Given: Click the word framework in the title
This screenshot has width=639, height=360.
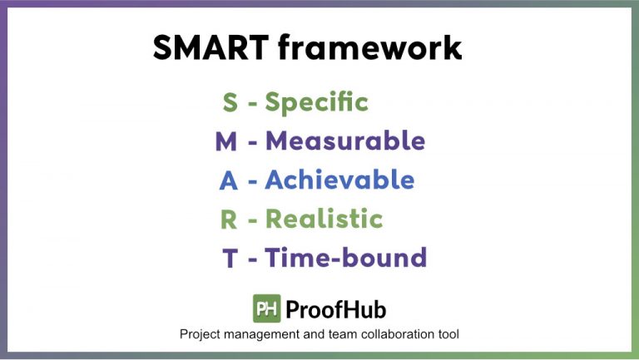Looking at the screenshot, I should click(x=369, y=48).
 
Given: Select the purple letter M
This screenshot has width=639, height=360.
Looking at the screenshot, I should click(x=226, y=142).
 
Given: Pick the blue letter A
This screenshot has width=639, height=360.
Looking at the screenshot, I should click(x=228, y=180).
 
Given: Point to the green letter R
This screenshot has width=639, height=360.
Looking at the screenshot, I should click(x=229, y=219).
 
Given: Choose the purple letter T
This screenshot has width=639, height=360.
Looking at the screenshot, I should click(x=230, y=259).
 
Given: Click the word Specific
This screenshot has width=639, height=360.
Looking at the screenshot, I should click(x=316, y=103).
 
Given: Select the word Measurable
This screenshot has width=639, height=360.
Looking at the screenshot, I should click(x=345, y=142).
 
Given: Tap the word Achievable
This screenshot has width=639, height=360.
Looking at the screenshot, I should click(x=339, y=180).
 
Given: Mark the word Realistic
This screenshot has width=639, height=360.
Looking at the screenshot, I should click(x=324, y=219).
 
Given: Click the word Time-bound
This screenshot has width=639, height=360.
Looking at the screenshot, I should click(x=346, y=259).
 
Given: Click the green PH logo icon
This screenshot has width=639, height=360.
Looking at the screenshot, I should click(x=266, y=308).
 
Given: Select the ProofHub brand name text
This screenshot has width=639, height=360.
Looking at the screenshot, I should click(x=335, y=309).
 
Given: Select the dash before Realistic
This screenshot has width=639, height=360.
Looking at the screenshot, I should click(x=252, y=220).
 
